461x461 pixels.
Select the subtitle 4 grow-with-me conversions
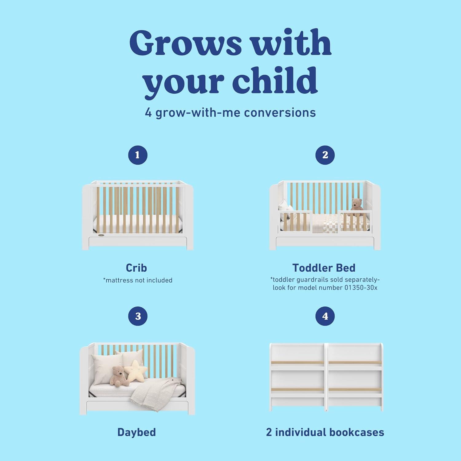tap(230, 113)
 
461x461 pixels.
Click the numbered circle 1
tap(138, 155)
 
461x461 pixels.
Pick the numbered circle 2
tap(325, 155)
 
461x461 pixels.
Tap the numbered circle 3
tap(138, 316)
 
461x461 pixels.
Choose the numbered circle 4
tap(325, 316)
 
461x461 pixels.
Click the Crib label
tap(136, 268)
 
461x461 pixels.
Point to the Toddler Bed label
tap(324, 268)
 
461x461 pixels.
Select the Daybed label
tap(136, 432)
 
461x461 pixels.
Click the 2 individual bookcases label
tap(325, 432)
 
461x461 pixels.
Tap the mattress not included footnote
tap(138, 280)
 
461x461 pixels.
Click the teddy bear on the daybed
tap(116, 376)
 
